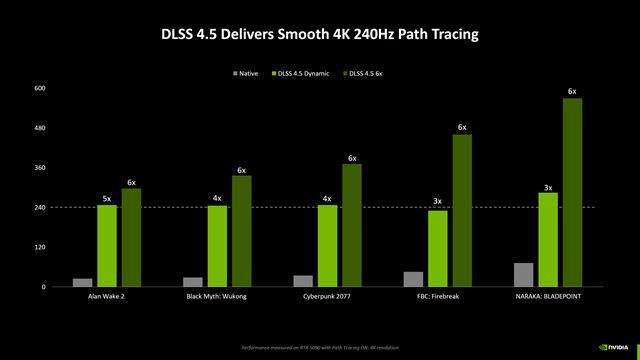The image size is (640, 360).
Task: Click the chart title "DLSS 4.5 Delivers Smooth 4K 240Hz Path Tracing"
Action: point(320,35)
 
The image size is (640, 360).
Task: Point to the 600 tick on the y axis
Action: point(40,88)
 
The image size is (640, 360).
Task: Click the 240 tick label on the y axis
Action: point(40,207)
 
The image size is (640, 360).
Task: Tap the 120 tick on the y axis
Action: point(40,247)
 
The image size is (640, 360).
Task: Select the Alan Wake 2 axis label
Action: point(106,297)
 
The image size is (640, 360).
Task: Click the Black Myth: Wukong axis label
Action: point(216,297)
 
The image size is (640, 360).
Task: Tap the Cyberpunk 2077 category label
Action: point(326,297)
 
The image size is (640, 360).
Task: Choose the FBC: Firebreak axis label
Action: point(436,297)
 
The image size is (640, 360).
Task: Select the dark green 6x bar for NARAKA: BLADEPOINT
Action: point(571,192)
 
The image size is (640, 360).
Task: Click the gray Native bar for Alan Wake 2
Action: point(82,282)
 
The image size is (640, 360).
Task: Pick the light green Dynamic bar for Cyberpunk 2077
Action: point(327,246)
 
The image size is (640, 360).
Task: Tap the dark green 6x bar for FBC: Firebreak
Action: point(461,210)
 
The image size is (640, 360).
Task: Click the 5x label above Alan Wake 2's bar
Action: point(107,198)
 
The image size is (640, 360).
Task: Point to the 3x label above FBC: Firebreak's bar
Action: point(437,203)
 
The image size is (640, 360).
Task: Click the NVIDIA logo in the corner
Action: point(612,346)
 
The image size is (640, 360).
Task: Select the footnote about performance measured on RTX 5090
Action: point(320,347)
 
